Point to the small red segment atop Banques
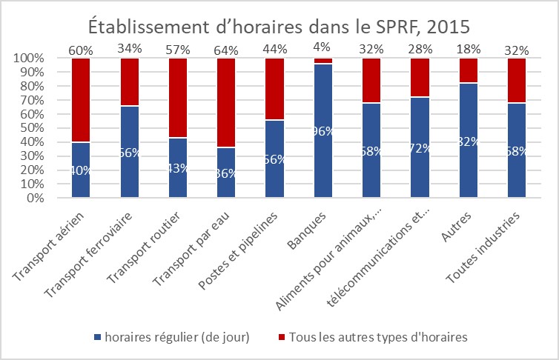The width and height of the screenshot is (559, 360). tap(323, 61)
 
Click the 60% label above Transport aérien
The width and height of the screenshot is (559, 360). tap(80, 50)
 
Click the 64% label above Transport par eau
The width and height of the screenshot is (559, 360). tap(226, 50)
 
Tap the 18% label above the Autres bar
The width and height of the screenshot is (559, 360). tap(469, 50)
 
